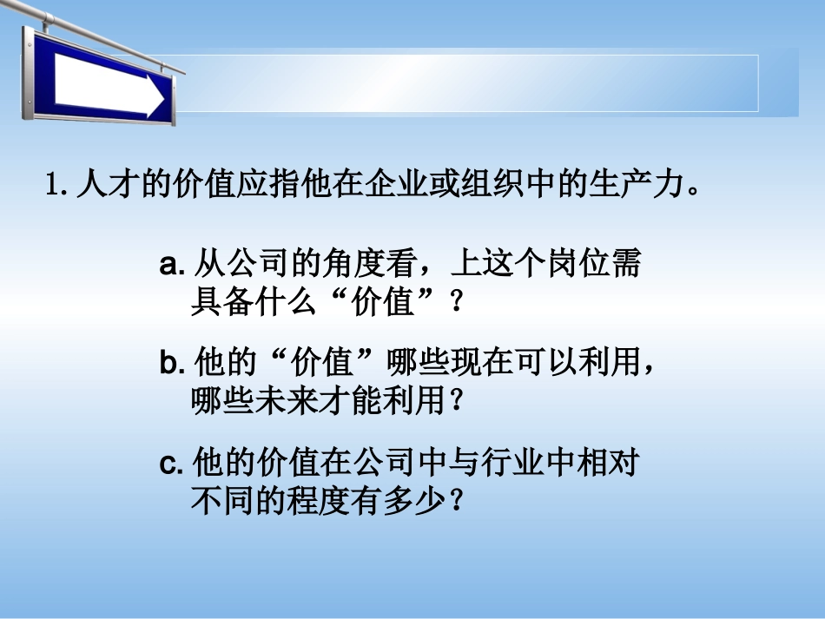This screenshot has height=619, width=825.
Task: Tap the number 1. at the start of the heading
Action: (x=56, y=186)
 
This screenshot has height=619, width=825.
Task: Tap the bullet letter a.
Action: (x=170, y=265)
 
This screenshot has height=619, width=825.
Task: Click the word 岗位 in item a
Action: (x=577, y=264)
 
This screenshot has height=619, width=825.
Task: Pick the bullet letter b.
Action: (x=170, y=363)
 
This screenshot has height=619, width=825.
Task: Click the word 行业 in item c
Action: (x=513, y=464)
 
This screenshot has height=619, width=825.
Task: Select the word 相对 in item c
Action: (x=609, y=464)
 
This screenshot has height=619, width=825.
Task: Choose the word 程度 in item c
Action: (x=320, y=502)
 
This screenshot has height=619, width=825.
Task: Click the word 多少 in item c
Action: (x=416, y=502)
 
